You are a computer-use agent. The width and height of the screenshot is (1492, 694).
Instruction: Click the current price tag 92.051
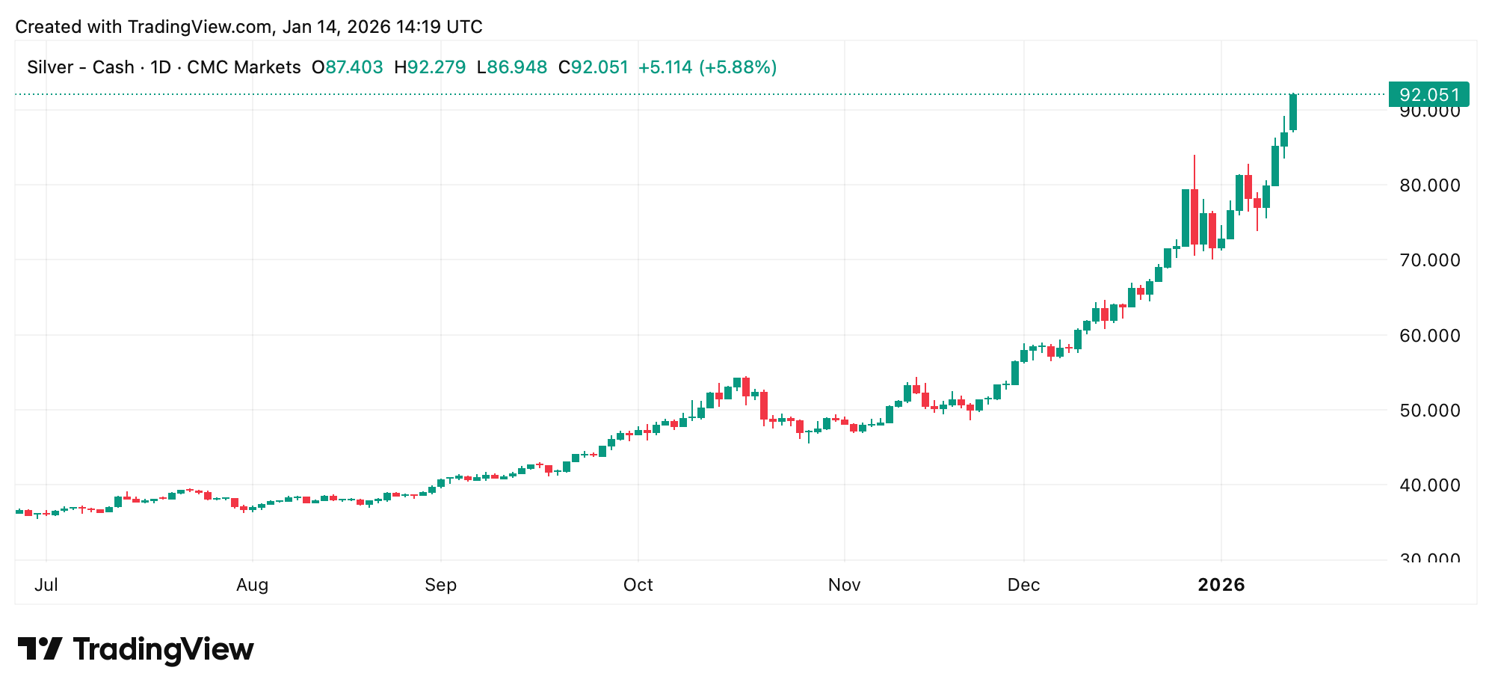1428,95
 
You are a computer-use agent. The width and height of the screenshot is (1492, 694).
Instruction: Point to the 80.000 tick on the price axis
1429,185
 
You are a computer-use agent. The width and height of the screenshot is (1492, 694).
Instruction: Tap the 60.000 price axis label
1429,336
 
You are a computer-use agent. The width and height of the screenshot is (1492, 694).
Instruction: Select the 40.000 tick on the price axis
1429,485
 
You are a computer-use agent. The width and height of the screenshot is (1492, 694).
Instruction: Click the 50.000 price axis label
1429,411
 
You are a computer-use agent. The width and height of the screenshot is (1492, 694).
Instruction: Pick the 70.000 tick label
1429,260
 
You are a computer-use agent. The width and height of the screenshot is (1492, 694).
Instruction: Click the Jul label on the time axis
46,585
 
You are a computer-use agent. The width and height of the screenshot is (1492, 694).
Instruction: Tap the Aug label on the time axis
252,585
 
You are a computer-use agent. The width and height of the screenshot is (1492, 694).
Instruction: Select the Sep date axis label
440,585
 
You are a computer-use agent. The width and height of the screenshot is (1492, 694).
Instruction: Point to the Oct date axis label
638,585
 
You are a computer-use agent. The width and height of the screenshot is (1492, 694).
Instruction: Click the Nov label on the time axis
844,585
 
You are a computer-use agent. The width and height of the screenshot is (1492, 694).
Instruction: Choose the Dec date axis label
1023,585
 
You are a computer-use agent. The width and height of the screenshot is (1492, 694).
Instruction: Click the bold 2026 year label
1221,585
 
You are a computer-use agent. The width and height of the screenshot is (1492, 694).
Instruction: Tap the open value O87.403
348,67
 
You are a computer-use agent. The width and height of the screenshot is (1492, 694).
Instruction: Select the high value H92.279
430,67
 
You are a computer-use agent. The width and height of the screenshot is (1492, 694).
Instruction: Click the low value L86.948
512,67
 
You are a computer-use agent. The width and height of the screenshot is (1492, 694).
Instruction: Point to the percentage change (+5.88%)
738,67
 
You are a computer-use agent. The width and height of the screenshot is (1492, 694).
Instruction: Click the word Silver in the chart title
50,67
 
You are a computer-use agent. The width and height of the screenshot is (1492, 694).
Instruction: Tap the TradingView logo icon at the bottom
40,648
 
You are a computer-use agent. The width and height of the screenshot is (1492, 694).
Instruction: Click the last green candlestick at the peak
1293,112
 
